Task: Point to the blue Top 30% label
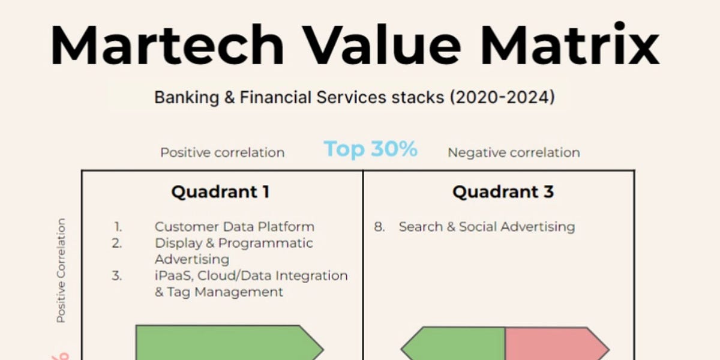370,149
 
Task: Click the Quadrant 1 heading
220,192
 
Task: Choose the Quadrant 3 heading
503,192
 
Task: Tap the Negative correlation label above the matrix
514,152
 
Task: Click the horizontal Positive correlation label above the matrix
222,152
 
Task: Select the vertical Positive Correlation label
61,271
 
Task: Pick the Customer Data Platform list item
234,227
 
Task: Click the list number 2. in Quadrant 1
116,244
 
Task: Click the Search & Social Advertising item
487,227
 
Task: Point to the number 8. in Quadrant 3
379,227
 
